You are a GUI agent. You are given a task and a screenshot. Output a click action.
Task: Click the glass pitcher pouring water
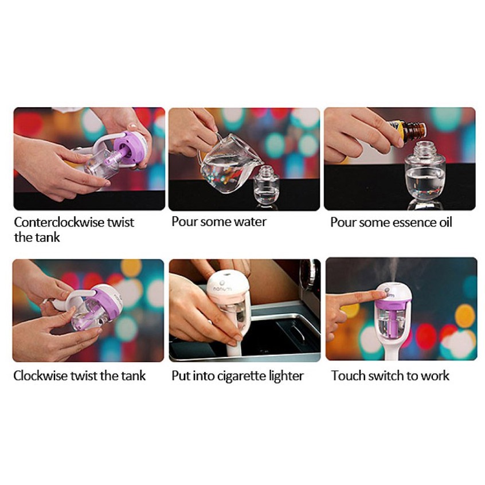click(x=226, y=163)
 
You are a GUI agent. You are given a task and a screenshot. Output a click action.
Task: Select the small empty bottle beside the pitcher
click(x=265, y=185)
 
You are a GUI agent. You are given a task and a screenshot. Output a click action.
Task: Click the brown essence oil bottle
click(x=408, y=132)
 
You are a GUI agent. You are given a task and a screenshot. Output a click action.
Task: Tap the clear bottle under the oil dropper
click(x=424, y=175)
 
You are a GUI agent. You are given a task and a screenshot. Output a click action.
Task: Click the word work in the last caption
click(x=435, y=376)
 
